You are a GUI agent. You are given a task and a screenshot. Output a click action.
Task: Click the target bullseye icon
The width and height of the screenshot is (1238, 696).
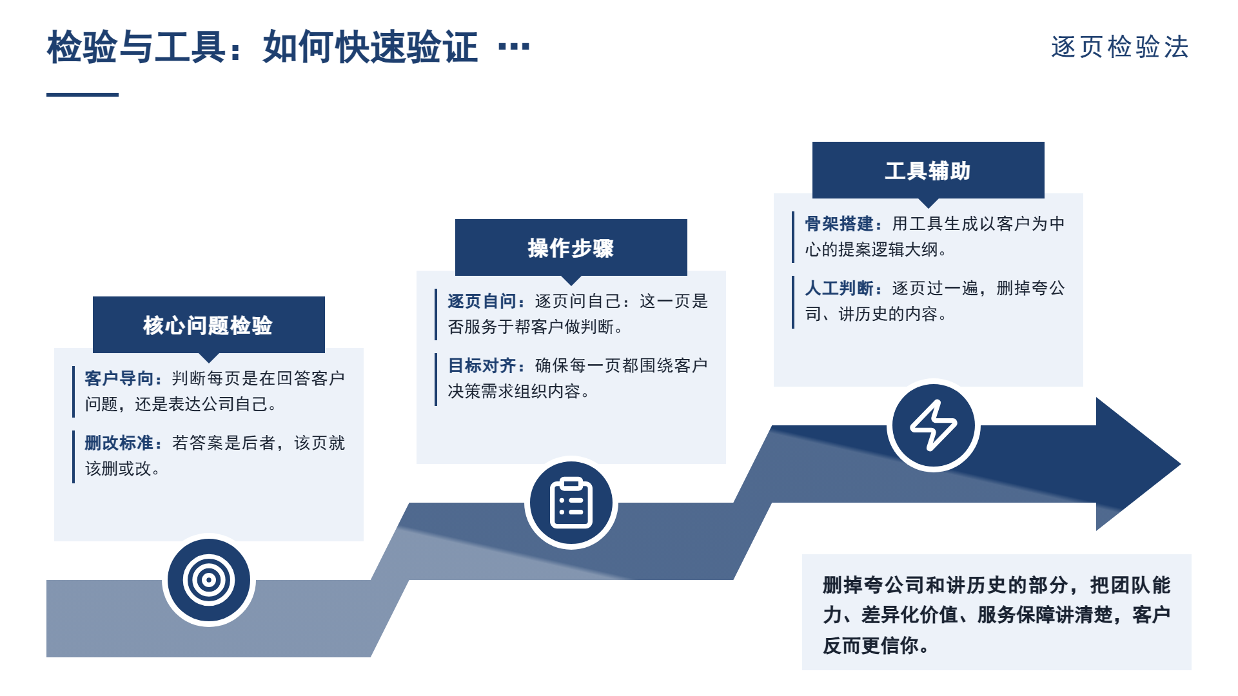coord(208,580)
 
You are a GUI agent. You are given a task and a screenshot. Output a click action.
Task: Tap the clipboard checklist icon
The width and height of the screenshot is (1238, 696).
coord(571,503)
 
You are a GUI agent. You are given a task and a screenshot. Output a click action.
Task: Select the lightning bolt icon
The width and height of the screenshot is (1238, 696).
coord(933,425)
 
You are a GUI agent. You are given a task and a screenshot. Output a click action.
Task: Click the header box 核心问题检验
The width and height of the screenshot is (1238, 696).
coord(209,325)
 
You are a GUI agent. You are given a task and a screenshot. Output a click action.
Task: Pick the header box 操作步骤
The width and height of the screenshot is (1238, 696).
coord(571,247)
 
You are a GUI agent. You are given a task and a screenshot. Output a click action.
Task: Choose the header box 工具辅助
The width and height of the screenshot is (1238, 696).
coord(928,170)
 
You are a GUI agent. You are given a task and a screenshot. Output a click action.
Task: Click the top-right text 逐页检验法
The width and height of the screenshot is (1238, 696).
coord(1120,47)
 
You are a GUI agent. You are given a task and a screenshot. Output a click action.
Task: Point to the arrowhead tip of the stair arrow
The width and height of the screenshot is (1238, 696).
coord(1181,464)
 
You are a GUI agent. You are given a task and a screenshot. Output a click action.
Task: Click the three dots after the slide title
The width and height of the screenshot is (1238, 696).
coord(514,46)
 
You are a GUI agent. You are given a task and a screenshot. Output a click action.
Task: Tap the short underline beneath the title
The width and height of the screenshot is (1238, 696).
coord(83,95)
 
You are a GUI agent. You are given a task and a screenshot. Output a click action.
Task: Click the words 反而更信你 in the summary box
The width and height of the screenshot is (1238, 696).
coord(870,645)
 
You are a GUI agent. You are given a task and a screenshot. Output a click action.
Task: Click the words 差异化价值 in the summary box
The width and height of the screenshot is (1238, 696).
coord(909,615)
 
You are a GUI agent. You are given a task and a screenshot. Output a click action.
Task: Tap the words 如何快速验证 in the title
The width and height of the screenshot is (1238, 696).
coord(370,47)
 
